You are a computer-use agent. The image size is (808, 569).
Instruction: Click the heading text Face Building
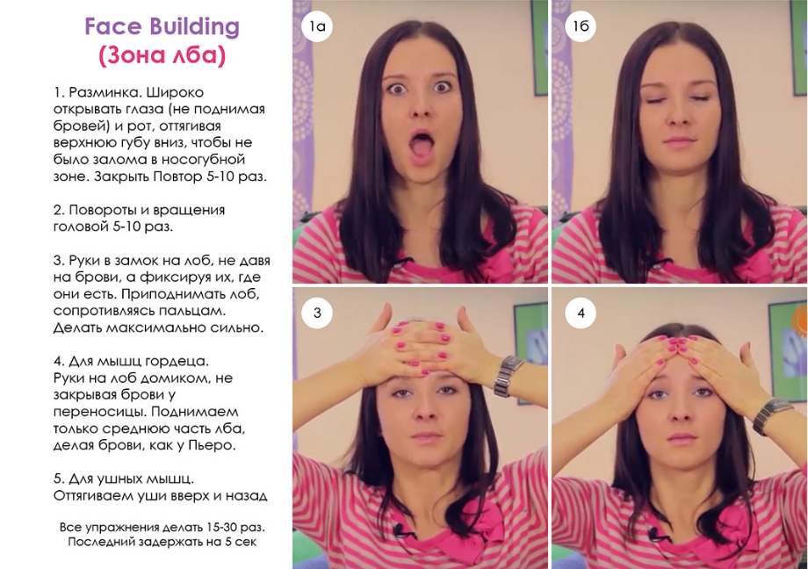[x=162, y=27]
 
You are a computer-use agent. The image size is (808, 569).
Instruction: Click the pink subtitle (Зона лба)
[x=162, y=55]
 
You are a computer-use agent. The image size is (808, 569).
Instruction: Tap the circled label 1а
[x=317, y=25]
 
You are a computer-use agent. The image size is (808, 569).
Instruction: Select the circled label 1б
[x=581, y=25]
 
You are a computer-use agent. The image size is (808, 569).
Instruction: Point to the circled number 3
[x=317, y=313]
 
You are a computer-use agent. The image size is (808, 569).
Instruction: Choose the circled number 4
[x=581, y=313]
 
